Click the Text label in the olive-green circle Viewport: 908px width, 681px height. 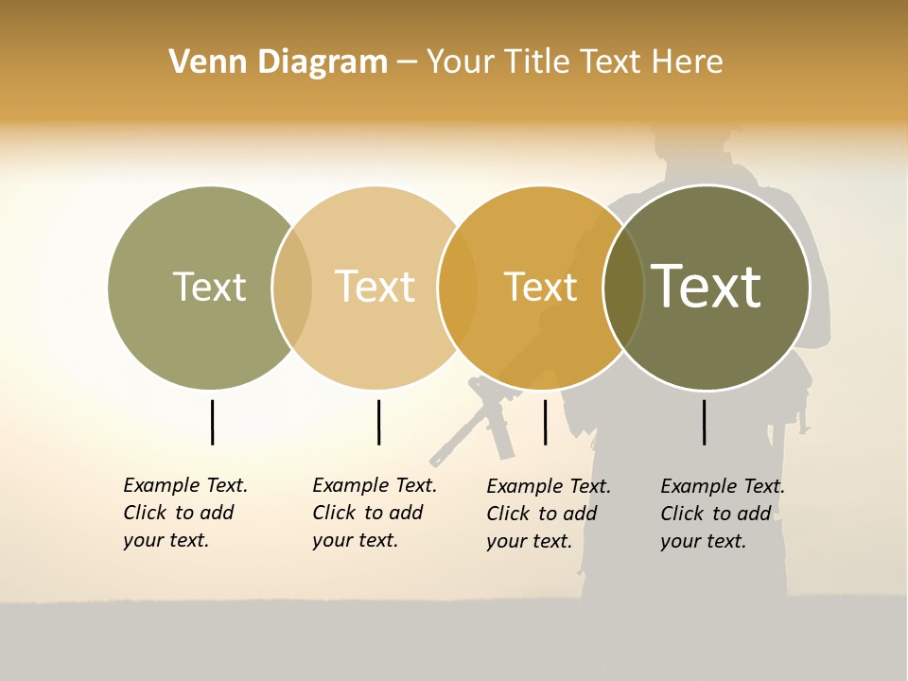(209, 287)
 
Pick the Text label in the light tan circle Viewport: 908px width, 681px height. (375, 287)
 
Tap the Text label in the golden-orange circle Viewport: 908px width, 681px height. (540, 287)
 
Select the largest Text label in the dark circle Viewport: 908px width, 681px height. (706, 287)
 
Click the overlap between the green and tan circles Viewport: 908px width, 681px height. (292, 288)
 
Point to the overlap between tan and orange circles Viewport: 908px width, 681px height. (458, 288)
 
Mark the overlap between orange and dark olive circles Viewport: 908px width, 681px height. (623, 288)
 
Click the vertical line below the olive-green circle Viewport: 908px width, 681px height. (212, 422)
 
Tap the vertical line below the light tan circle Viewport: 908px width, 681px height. (378, 422)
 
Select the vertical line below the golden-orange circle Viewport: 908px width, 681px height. (545, 422)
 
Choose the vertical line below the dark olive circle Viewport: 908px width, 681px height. (704, 422)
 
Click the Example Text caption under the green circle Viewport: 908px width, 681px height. (184, 513)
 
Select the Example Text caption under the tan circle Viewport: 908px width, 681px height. (374, 513)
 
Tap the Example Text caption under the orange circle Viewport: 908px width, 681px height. (548, 514)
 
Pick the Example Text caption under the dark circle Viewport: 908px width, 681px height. (722, 514)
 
